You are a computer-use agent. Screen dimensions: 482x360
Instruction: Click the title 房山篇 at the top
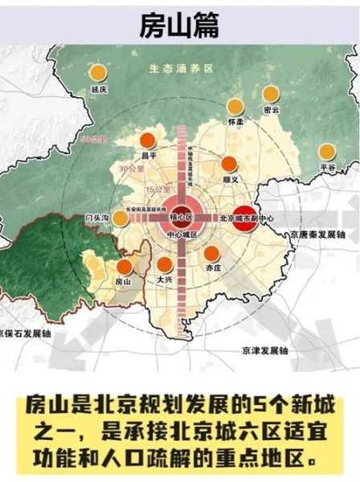pyautogui.click(x=180, y=24)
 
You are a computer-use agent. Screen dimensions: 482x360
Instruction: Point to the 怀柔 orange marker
pyautogui.click(x=235, y=106)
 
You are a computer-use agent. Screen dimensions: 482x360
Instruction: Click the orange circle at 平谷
pyautogui.click(x=326, y=152)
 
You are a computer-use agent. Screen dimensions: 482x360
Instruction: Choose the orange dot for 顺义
pyautogui.click(x=230, y=164)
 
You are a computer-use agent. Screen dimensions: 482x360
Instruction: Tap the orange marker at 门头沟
pyautogui.click(x=121, y=217)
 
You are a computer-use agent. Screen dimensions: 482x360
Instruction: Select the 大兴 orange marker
pyautogui.click(x=165, y=266)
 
